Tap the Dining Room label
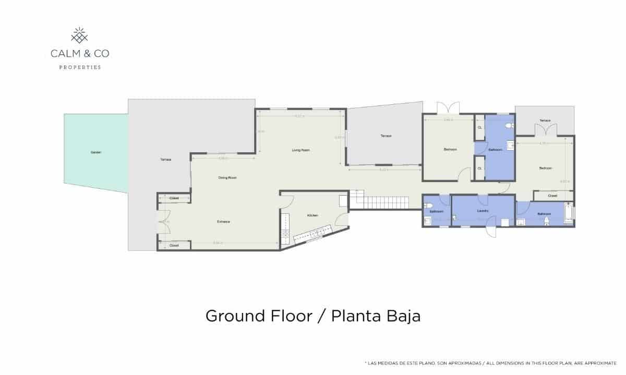(227, 178)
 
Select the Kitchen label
(312, 215)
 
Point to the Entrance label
(224, 222)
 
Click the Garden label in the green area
(96, 152)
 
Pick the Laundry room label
(483, 211)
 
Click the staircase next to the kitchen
(368, 200)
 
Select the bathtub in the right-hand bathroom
(568, 214)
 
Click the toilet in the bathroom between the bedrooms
(509, 126)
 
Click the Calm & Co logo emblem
(79, 36)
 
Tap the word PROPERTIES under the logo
(80, 67)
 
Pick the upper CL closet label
(479, 128)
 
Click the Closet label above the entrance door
(174, 198)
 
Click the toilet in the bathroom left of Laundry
(428, 204)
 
